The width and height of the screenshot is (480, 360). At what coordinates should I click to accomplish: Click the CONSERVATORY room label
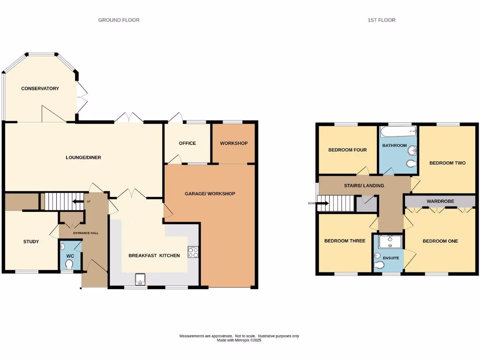pyautogui.click(x=40, y=89)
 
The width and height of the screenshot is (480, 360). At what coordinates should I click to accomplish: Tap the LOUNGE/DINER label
pyautogui.click(x=83, y=157)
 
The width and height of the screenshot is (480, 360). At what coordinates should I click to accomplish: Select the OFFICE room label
pyautogui.click(x=187, y=143)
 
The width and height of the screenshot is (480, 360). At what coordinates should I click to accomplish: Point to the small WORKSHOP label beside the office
pyautogui.click(x=233, y=143)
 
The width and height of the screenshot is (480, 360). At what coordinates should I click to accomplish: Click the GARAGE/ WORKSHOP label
pyautogui.click(x=210, y=194)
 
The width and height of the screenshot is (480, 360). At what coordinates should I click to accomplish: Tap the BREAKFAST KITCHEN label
pyautogui.click(x=154, y=255)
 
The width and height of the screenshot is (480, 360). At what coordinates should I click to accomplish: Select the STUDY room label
pyautogui.click(x=31, y=242)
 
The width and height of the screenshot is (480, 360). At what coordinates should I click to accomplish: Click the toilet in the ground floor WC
pyautogui.click(x=70, y=265)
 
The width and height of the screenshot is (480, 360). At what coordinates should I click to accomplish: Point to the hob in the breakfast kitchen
pyautogui.click(x=193, y=252)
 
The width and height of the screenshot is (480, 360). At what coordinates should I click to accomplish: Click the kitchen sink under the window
pyautogui.click(x=140, y=280)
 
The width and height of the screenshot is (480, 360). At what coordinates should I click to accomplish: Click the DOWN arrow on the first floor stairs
pyautogui.click(x=316, y=203)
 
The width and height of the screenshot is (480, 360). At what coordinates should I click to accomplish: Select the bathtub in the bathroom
pyautogui.click(x=397, y=131)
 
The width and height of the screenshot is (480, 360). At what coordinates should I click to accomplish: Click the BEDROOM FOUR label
pyautogui.click(x=347, y=150)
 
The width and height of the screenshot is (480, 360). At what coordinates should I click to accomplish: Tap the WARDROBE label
pyautogui.click(x=440, y=202)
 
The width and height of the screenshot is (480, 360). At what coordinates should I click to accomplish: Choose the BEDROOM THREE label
pyautogui.click(x=345, y=241)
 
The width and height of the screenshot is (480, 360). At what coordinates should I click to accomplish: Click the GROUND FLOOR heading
pyautogui.click(x=119, y=20)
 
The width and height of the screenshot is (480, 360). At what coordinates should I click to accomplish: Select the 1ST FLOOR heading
pyautogui.click(x=382, y=20)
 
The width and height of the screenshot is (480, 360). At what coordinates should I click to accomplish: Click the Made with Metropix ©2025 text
pyautogui.click(x=239, y=340)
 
